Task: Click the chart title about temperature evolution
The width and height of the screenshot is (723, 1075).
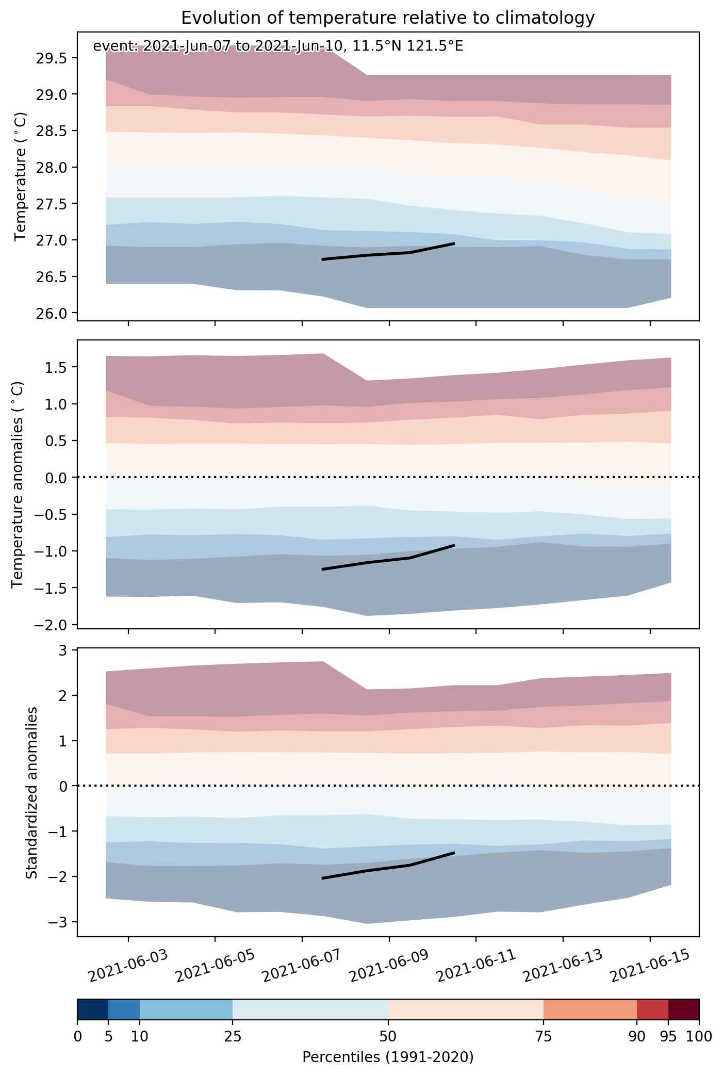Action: point(388,18)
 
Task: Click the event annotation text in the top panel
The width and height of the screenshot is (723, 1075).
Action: point(278,46)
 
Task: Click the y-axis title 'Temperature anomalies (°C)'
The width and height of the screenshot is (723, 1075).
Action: point(18,484)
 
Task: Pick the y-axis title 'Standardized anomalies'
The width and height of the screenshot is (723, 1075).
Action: point(32,792)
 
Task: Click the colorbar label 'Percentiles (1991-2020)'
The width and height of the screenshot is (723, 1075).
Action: point(388,1057)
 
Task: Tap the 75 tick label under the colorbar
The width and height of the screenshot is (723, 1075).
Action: point(544,1036)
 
